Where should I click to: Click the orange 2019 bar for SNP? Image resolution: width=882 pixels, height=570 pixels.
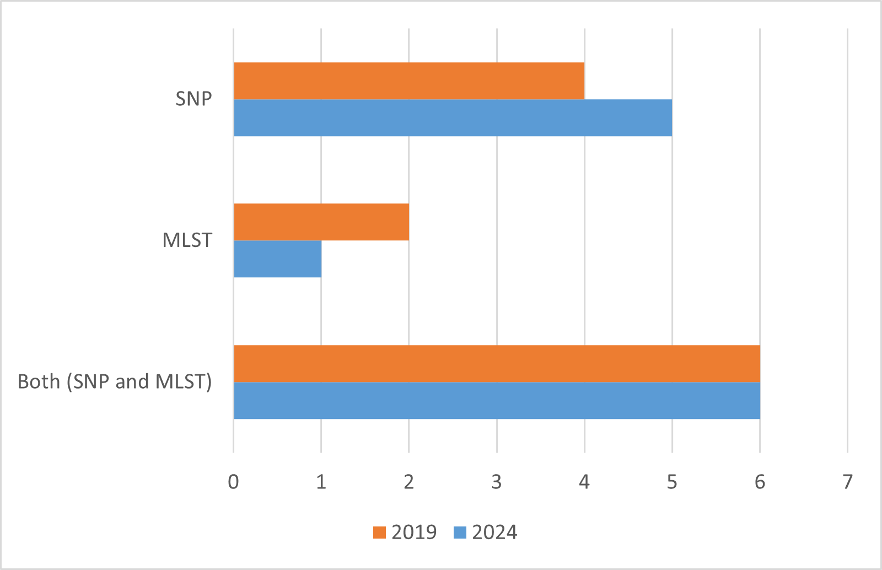coord(409,80)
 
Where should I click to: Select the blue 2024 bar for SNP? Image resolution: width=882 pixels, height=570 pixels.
coord(453,117)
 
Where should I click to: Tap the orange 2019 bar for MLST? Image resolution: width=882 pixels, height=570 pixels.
coord(321,222)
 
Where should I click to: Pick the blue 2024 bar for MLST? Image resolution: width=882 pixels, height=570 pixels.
coord(278,259)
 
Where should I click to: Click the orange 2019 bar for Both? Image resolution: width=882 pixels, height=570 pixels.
coord(497,363)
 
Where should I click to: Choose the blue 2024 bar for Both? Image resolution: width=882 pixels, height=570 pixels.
coord(497,400)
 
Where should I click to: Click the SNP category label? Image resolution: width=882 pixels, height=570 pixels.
coord(193,99)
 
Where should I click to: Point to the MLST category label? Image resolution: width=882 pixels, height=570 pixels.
coord(187,240)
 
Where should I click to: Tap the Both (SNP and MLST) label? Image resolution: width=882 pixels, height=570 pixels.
coord(115,381)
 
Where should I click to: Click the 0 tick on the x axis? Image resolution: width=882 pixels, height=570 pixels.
coord(234,482)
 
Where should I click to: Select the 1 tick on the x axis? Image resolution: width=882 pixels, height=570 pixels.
coord(321,482)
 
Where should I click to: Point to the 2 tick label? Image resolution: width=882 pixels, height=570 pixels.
coord(408,482)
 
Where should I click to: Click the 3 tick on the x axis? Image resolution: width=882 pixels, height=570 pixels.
coord(497,482)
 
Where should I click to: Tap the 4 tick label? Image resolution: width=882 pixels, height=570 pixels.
coord(584,482)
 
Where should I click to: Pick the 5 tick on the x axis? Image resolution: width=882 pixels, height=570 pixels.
coord(672,482)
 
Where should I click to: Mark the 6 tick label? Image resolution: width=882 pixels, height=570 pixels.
coord(760,482)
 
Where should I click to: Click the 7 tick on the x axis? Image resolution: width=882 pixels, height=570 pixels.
coord(847,482)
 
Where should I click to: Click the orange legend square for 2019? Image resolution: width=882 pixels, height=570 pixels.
coord(379,533)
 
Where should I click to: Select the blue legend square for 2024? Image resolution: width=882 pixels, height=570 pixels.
coord(460,533)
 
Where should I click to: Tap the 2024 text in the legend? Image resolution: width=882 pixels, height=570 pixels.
coord(494,533)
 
